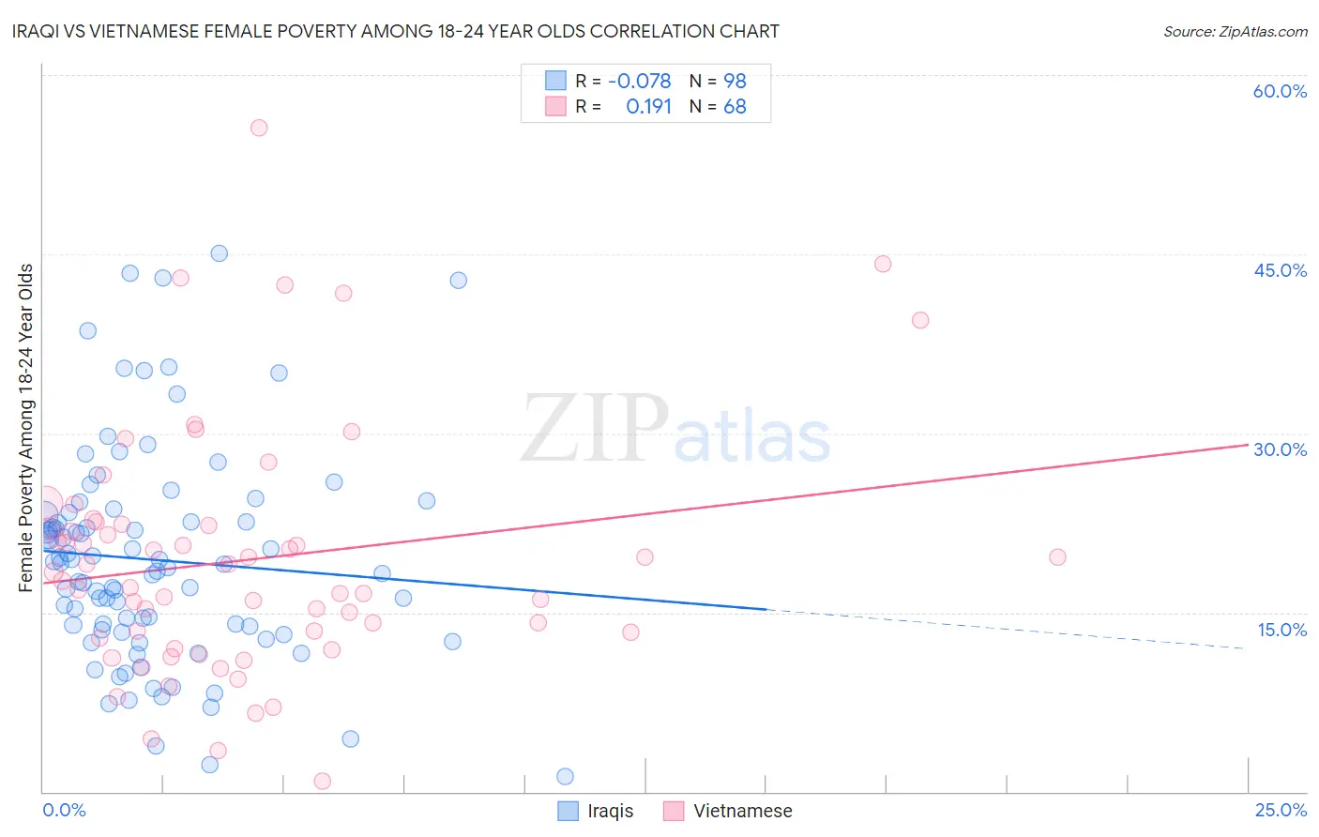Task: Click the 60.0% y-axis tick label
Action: [1280, 91]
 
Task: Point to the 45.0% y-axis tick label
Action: [1280, 270]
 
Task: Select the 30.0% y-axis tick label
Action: [1280, 449]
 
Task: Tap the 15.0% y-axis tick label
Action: [1281, 630]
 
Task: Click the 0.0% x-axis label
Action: [64, 810]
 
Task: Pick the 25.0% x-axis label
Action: [1281, 810]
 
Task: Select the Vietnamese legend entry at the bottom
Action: [728, 811]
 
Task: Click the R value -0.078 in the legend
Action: [639, 82]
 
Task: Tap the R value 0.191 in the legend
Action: [648, 107]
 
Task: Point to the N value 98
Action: [735, 82]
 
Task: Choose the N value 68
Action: [735, 107]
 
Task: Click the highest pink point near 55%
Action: [259, 128]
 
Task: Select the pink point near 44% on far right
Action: [883, 264]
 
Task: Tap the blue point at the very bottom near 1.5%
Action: [565, 776]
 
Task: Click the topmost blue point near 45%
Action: [219, 253]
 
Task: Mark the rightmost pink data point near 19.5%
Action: [1057, 557]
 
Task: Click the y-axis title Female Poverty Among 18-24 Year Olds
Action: [25, 428]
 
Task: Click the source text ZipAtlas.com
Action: [1235, 32]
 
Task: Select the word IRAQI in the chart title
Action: [37, 32]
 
